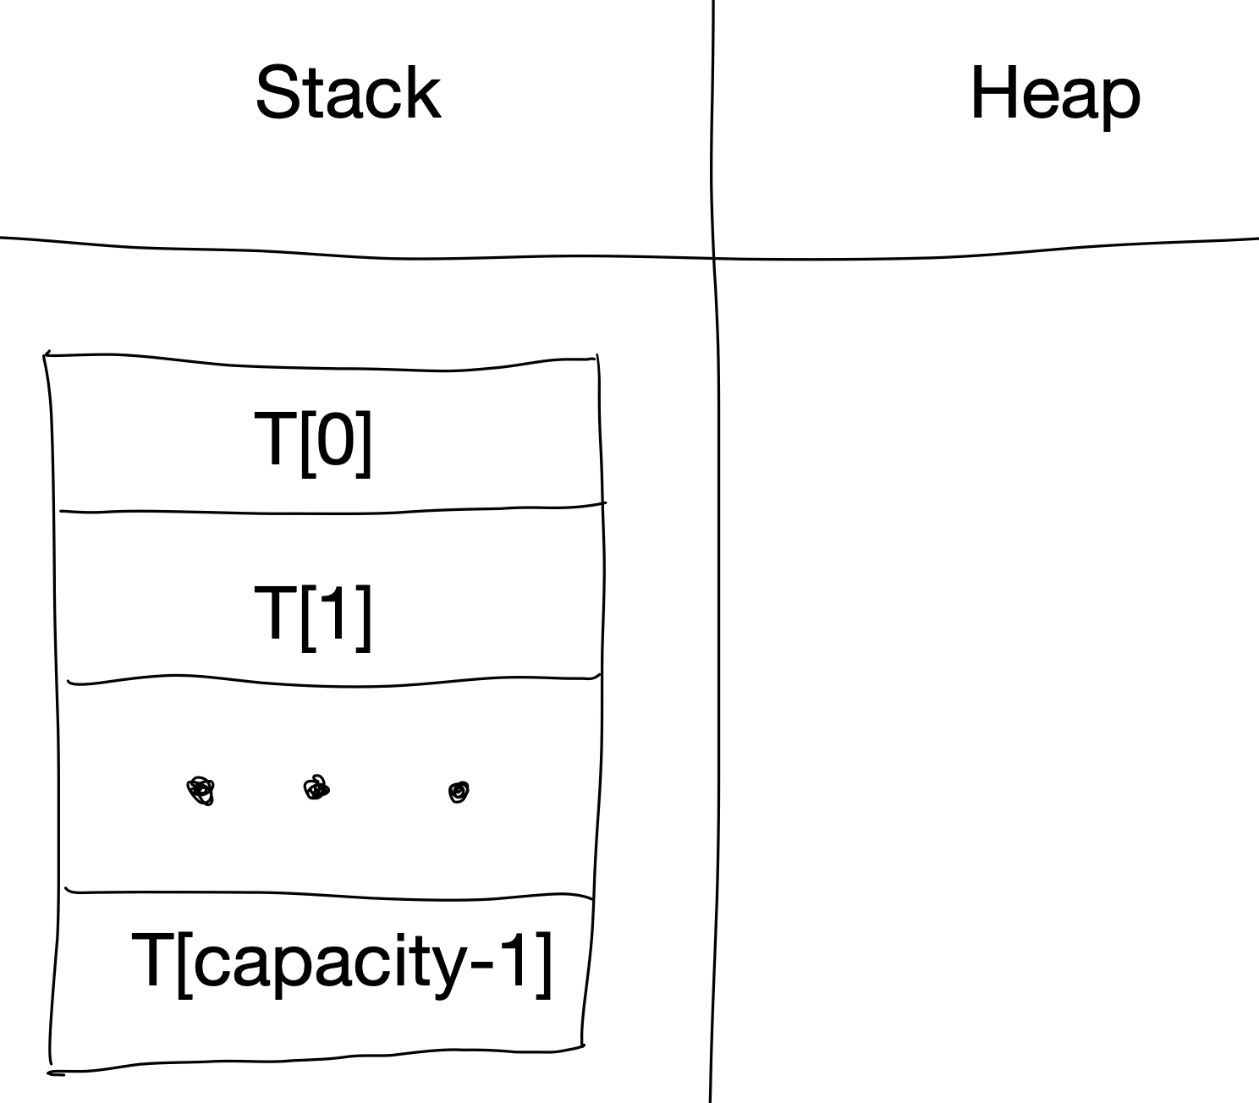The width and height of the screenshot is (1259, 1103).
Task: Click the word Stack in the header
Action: (x=348, y=93)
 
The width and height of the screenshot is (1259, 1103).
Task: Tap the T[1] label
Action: (x=313, y=616)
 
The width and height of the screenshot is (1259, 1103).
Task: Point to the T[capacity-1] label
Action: (x=342, y=963)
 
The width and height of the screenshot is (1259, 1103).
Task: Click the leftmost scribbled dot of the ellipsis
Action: (x=201, y=792)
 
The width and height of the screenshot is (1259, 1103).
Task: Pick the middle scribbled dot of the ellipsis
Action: (x=316, y=789)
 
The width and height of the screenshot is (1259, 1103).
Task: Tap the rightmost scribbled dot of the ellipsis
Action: (x=459, y=792)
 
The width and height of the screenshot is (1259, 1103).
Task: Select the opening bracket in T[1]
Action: (x=307, y=616)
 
